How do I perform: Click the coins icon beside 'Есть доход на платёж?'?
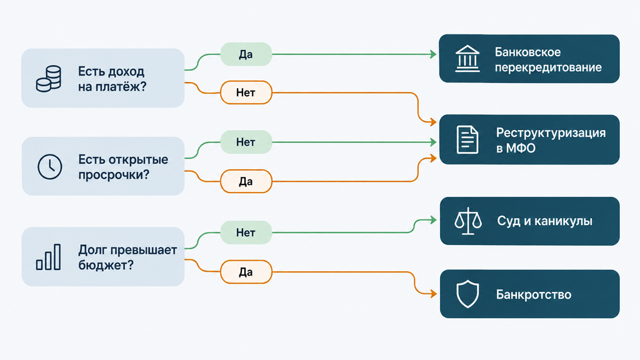tap(49, 78)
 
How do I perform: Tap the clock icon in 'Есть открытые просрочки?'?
tap(50, 166)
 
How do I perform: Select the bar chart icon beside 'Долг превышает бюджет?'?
tap(49, 257)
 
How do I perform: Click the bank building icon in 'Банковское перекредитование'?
tap(467, 59)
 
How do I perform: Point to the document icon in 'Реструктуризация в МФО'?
tap(467, 140)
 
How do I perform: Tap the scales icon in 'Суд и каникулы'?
tap(468, 221)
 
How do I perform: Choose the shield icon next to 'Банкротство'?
tap(467, 294)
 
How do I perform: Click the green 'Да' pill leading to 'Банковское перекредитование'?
tap(246, 54)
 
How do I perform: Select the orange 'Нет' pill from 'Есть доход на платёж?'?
tap(246, 92)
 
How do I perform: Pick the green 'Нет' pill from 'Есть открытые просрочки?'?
tap(246, 142)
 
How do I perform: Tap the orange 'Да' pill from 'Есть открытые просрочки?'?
tap(246, 181)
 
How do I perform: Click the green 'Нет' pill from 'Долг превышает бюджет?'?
tap(246, 232)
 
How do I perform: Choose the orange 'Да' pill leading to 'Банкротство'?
tap(246, 272)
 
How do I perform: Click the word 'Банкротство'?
tap(534, 295)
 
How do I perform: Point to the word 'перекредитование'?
tap(548, 67)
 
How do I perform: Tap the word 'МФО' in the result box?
tap(521, 148)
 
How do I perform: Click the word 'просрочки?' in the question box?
tap(114, 175)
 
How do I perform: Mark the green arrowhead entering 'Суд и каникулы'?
tap(434, 221)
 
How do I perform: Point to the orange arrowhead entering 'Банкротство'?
tap(434, 294)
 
